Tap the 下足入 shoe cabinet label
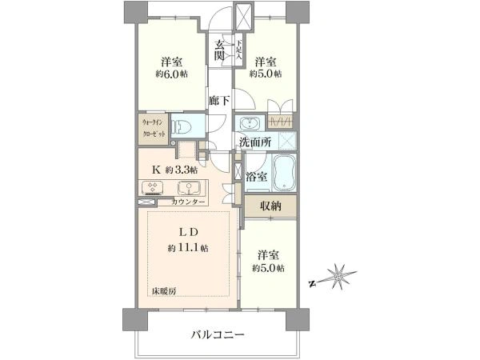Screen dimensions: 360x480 click(237, 50)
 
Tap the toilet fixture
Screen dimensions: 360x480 click(182, 126)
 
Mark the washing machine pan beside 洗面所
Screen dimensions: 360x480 click(282, 142)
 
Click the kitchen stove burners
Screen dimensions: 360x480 click(152, 189)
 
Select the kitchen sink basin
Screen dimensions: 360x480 click(189, 189)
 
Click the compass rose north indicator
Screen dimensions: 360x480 click(340, 277)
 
